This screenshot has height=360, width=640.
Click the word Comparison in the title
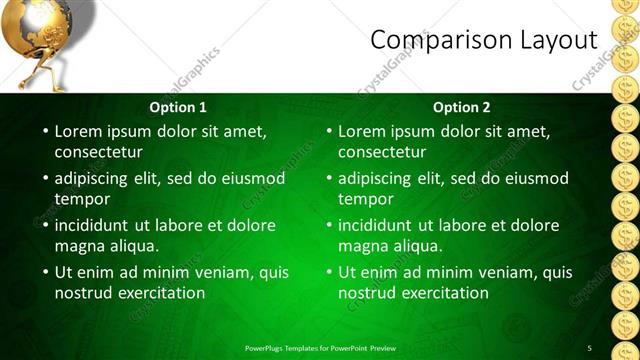pos(429,40)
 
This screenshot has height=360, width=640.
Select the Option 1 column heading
pos(178,107)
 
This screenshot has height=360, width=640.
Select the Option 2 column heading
pos(462,107)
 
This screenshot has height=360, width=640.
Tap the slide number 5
pos(590,348)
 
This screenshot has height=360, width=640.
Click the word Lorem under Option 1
pos(78,131)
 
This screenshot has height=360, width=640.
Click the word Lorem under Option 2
pos(362,131)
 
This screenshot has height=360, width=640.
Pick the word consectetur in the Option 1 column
pos(98,152)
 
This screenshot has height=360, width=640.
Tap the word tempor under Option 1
pos(82,199)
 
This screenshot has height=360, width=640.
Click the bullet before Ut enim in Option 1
pos(44,272)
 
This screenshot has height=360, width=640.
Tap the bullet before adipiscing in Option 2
pos(328,178)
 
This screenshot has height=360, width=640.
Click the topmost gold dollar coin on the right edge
pos(627,8)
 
